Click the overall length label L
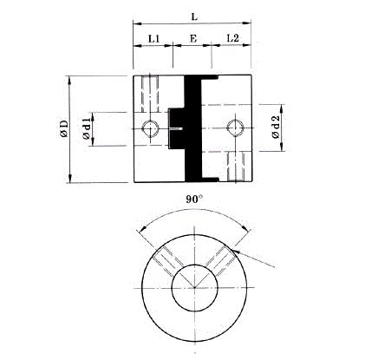pos(194,16)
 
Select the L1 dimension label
pos(153,38)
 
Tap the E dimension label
pos(193,38)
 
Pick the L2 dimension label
pos(233,38)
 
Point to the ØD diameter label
pos(64,128)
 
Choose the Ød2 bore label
pos(276,128)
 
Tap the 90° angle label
pos(194,199)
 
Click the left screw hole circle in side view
pos(150,128)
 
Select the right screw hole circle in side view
pos(235,127)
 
